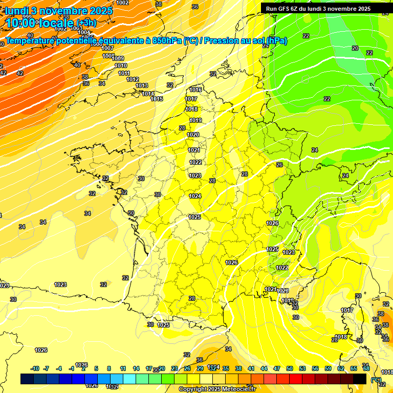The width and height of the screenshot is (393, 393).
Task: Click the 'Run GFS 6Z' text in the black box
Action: click(283, 9)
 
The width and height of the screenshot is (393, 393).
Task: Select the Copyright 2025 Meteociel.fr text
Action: click(217, 389)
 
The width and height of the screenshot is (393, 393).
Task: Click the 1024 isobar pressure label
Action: click(195, 196)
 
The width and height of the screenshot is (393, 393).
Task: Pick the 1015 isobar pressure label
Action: click(157, 99)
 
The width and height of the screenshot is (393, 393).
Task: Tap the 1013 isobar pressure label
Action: click(142, 85)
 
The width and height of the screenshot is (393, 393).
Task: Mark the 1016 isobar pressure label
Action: click(195, 90)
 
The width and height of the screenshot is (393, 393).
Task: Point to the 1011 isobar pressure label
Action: click(124, 73)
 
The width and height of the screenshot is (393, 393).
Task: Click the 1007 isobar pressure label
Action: click(107, 48)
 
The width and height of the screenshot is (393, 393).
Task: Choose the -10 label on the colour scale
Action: click(35, 368)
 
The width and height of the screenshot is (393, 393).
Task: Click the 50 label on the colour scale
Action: click(290, 368)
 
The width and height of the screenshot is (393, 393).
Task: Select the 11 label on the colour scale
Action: click(123, 368)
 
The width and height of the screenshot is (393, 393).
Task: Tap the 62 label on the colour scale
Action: click(341, 368)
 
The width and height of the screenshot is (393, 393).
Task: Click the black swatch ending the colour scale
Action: click(360, 379)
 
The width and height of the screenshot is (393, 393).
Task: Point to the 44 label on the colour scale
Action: click(264, 368)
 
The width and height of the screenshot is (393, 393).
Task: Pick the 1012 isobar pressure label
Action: click(133, 79)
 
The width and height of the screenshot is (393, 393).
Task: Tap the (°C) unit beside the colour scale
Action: click(376, 380)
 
